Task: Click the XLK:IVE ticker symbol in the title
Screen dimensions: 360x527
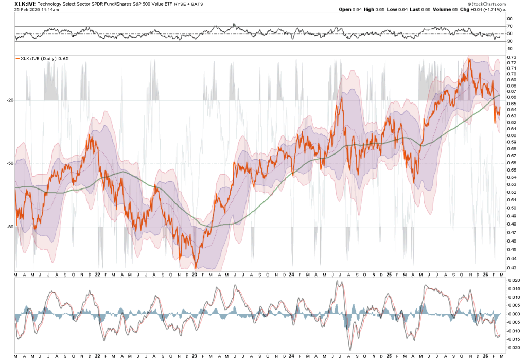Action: point(25,4)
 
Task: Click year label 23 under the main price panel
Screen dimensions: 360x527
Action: point(195,275)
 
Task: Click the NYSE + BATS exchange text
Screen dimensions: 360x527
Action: point(191,4)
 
